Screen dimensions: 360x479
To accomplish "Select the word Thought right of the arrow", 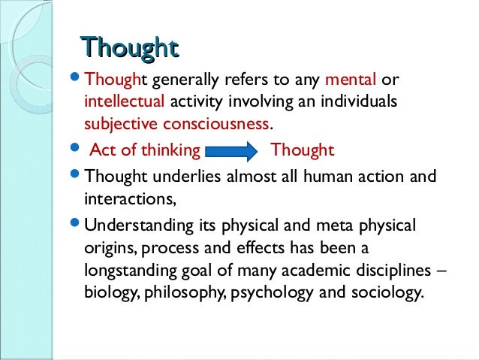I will pos(302,151).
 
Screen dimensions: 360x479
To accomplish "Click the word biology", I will pos(110,291).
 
